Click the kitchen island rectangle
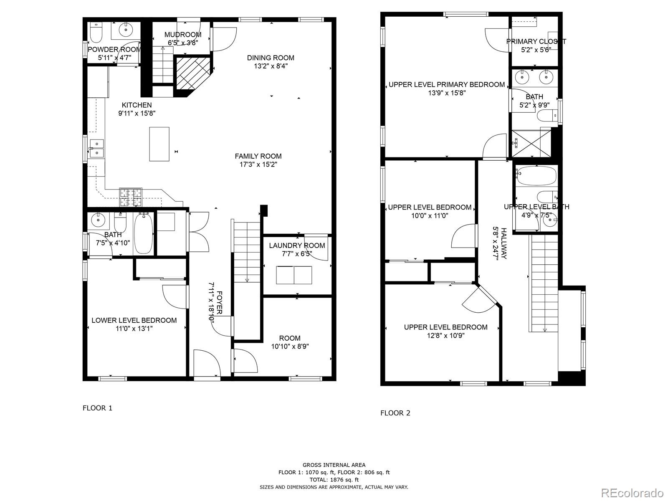click(159, 144)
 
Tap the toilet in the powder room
click(96, 33)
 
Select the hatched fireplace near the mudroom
click(192, 73)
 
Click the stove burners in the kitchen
click(131, 197)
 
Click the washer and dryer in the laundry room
click(294, 275)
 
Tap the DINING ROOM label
click(271, 58)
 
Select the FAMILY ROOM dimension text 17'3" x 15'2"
click(258, 164)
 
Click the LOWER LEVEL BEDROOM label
click(134, 320)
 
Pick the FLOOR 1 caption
click(97, 408)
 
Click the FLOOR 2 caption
click(395, 413)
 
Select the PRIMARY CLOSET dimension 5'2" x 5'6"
click(536, 50)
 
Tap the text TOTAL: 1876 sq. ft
click(334, 480)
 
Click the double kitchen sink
click(96, 148)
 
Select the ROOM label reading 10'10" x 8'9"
click(290, 338)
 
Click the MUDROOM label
click(183, 35)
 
